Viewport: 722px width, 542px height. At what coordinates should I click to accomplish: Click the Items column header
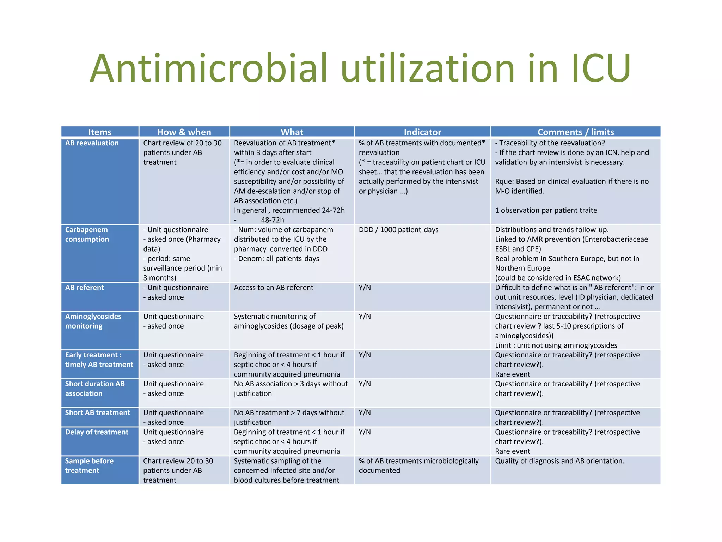pos(100,132)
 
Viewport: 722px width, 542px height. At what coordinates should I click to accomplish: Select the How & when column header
pos(184,132)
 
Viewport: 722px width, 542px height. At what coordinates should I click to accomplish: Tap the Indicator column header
pos(422,132)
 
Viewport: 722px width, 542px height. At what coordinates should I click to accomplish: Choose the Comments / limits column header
pos(575,132)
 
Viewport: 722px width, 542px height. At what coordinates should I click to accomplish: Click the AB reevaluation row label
pos(92,143)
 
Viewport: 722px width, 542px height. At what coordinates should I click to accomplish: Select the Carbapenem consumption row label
pos(87,234)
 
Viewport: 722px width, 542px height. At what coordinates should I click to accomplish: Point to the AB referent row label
pos(85,288)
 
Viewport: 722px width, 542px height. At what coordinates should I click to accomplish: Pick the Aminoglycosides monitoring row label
pos(93,321)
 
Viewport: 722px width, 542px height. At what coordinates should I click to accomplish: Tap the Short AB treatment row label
pos(98,413)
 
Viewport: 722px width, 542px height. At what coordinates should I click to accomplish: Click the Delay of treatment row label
pos(97,432)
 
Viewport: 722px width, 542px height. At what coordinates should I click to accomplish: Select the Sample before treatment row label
pos(89,466)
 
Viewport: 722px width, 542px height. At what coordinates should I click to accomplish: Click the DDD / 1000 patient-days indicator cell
pos(398,230)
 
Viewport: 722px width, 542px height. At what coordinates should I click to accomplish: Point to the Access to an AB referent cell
pos(274,288)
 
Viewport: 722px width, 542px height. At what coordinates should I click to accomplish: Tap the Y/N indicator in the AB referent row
pos(365,288)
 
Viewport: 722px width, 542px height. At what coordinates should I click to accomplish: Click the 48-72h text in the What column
pos(272,220)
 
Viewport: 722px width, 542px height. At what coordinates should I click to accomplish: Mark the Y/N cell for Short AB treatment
pos(365,413)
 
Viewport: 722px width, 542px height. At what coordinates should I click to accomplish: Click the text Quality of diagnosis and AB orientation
pos(559,461)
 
